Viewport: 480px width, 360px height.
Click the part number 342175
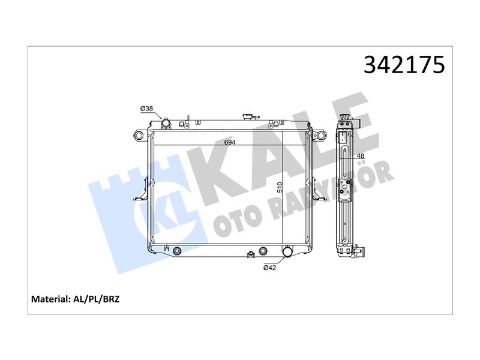coord(404,65)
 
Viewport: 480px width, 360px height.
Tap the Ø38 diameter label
coord(146,109)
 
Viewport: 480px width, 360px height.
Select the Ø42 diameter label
coord(269,268)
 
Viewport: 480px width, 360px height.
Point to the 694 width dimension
coord(230,142)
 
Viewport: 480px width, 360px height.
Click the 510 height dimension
coord(280,187)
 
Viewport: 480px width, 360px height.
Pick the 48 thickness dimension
coord(361,156)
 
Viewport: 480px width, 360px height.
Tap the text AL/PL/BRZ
coord(97,299)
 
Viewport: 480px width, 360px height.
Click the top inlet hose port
coord(166,124)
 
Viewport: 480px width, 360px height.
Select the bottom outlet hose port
coord(287,251)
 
